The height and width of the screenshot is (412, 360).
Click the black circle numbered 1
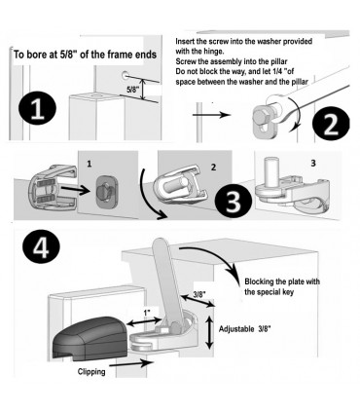tap(37, 109)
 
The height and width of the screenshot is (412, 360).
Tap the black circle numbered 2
tap(331, 124)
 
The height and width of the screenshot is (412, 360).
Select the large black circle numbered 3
tap(234, 202)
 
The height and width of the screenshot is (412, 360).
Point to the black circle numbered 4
tap(41, 248)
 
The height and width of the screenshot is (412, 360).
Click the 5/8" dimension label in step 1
tap(132, 90)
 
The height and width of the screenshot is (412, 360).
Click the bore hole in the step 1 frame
tap(125, 75)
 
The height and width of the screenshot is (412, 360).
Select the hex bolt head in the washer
tap(261, 116)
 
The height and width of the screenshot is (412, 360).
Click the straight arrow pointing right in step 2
tap(212, 115)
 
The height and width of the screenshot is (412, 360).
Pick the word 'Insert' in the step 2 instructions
tap(184, 41)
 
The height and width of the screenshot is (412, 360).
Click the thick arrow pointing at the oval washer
tap(76, 191)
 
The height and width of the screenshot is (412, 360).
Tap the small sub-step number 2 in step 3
tap(213, 168)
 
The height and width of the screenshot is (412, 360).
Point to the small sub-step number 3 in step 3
tap(313, 164)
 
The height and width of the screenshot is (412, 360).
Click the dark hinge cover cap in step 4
tap(90, 338)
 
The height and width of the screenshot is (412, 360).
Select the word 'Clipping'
tap(91, 371)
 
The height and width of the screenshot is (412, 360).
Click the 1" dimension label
tap(147, 313)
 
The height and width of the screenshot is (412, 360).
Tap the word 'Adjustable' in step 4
tap(236, 329)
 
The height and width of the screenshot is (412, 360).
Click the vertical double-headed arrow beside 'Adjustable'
tap(210, 332)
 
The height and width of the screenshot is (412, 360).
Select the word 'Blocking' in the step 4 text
tap(258, 281)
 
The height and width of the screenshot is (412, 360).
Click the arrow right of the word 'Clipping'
tap(127, 363)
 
